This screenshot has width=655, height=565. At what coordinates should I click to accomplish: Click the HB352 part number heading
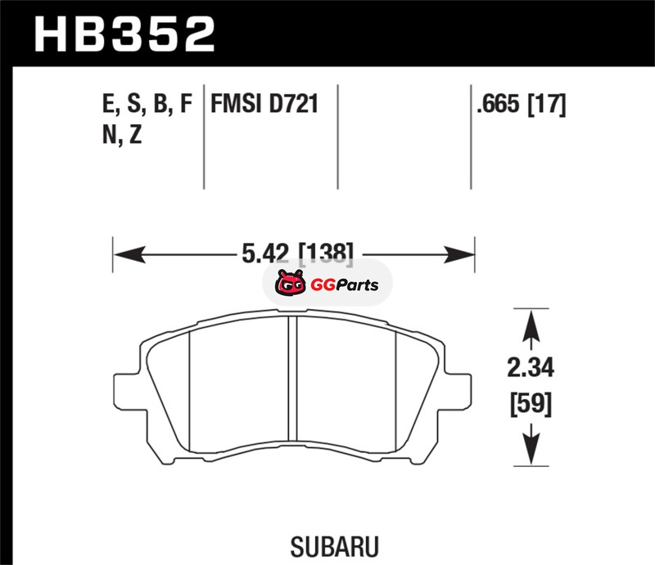point(124,34)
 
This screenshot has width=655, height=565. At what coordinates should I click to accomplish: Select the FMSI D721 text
point(264,104)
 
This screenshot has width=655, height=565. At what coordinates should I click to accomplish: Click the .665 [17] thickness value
point(522,105)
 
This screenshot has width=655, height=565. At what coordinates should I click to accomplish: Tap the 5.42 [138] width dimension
point(297,253)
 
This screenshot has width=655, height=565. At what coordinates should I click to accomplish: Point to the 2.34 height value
point(531,368)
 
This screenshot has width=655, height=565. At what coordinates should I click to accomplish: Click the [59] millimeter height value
point(531,404)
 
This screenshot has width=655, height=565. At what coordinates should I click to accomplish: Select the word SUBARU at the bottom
point(335,546)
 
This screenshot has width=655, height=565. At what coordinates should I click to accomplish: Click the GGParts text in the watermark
point(345,285)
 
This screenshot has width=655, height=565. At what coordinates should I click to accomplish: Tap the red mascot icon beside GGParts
point(291,283)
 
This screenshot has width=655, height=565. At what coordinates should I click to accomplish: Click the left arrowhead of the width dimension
point(129,254)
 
